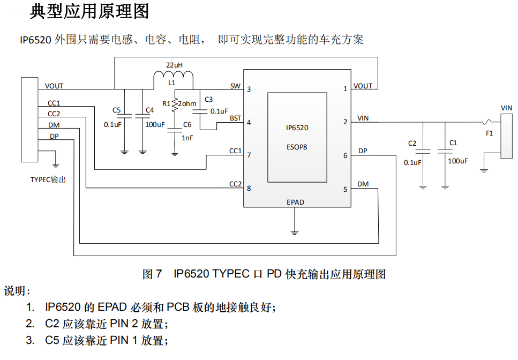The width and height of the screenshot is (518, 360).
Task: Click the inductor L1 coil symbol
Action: point(173,79)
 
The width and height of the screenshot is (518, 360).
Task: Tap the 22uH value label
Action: point(174,65)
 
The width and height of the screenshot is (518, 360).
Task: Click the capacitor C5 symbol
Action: point(124,115)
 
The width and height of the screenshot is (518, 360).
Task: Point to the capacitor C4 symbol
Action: point(142,115)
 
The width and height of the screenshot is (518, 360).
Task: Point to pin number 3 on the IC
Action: point(249,89)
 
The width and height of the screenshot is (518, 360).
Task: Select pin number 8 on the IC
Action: point(249,189)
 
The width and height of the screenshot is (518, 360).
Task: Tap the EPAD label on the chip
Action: point(295,202)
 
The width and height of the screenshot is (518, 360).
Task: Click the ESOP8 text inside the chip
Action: point(297,145)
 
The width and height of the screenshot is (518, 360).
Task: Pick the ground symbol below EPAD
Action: point(294,232)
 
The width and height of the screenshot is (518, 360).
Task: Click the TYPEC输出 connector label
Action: point(49,179)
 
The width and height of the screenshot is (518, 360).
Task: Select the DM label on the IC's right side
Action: point(363,184)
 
